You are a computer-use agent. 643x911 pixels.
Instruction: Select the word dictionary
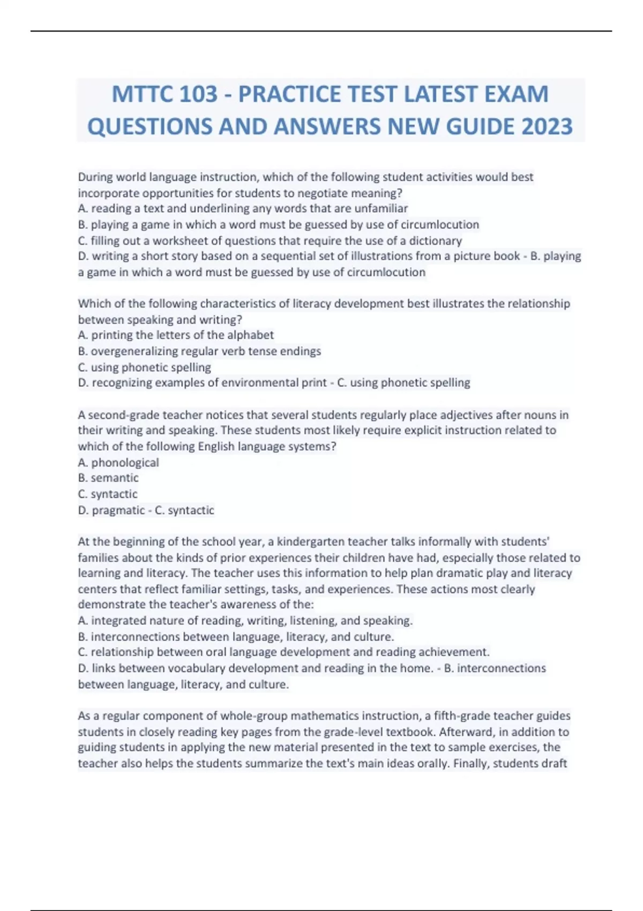click(x=435, y=241)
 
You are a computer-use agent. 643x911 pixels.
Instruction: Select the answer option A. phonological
click(x=118, y=462)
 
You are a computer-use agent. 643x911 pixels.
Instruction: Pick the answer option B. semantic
click(x=108, y=478)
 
